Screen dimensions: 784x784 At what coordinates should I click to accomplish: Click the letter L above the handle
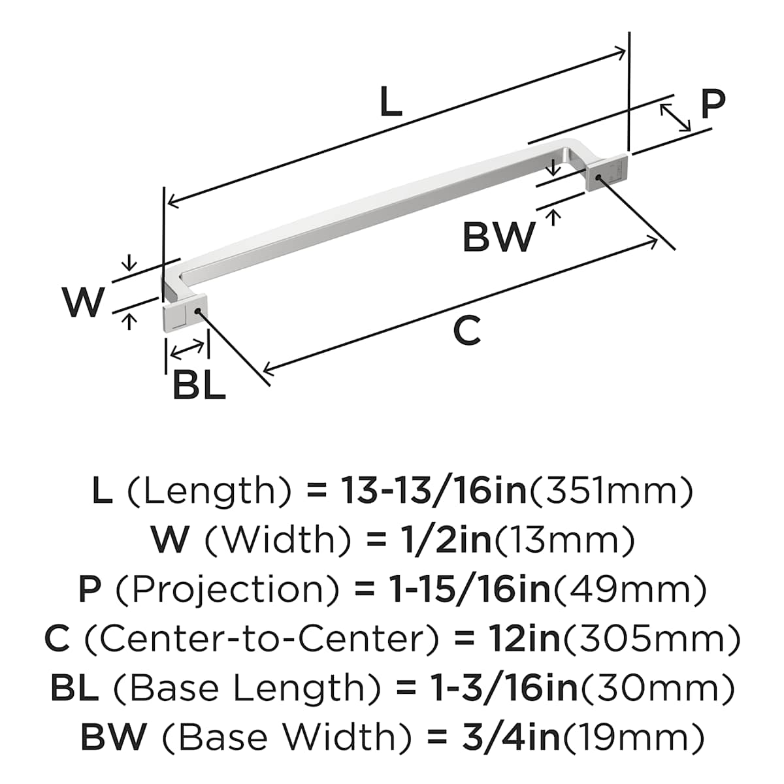(391, 103)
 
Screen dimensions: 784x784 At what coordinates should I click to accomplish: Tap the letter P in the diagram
(713, 104)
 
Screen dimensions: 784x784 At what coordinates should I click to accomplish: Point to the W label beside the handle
(84, 302)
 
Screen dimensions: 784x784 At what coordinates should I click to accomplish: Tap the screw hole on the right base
(597, 177)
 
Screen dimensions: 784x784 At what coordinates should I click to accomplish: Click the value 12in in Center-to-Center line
(524, 639)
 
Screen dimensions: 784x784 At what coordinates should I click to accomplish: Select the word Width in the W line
(282, 540)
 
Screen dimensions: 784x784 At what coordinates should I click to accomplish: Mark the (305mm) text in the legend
(651, 639)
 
